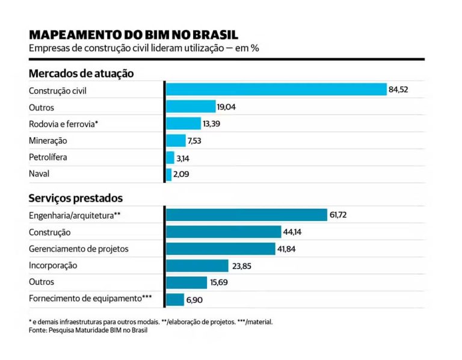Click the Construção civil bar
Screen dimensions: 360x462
click(276, 90)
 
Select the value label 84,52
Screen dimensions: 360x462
click(399, 90)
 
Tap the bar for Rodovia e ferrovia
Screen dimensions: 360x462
click(183, 123)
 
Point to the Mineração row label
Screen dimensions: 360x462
click(48, 140)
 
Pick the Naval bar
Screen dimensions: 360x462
click(169, 175)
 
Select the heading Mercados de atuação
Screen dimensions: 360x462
click(81, 73)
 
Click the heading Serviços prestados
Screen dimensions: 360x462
click(76, 197)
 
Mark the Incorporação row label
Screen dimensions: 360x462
click(53, 265)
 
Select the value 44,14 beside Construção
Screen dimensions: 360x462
click(294, 232)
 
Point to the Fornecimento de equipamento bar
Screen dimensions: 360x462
click(175, 299)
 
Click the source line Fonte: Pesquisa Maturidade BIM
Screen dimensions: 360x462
click(88, 331)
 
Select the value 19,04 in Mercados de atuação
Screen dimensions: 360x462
click(227, 107)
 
